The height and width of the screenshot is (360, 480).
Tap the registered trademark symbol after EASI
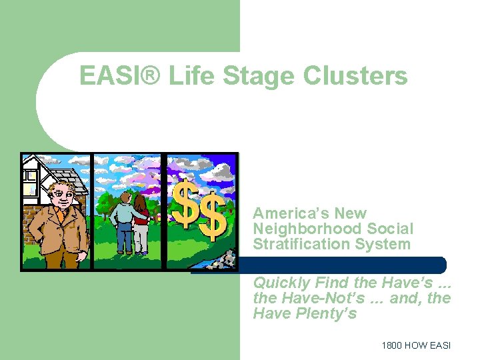[x=150, y=76]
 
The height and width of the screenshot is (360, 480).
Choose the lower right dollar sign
[x=213, y=220]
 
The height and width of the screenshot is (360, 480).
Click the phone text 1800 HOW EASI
[x=416, y=345]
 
